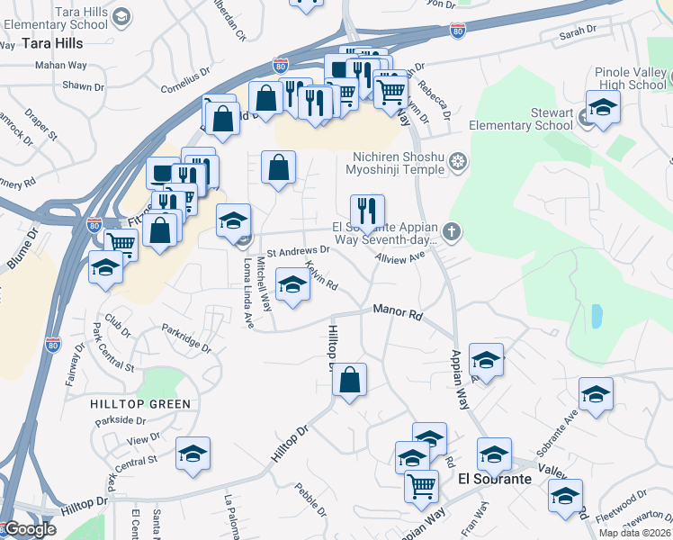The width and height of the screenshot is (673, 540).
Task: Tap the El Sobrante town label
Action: click(x=495, y=479)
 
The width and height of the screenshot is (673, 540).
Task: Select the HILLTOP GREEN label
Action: click(x=140, y=404)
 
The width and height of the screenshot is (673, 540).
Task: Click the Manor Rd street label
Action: click(x=398, y=313)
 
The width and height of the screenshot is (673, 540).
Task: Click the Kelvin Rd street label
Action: click(x=321, y=275)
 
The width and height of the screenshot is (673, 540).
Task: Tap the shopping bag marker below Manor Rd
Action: click(x=350, y=380)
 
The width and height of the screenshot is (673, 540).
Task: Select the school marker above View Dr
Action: click(x=193, y=455)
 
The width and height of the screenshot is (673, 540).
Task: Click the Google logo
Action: click(x=29, y=529)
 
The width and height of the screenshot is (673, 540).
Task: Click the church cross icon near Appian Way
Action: click(x=451, y=232)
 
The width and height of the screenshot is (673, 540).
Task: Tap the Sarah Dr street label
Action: click(x=578, y=31)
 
